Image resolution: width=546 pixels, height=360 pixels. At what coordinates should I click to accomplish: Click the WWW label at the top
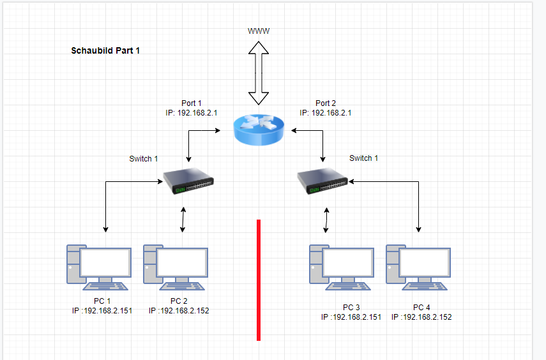[259, 31]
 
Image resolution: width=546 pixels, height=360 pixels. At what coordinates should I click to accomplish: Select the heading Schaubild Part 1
[105, 50]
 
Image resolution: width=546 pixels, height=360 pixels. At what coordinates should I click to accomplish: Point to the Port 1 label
[192, 103]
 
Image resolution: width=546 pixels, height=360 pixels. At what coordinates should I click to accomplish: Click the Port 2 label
[326, 103]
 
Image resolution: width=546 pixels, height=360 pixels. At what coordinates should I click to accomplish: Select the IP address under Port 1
[192, 112]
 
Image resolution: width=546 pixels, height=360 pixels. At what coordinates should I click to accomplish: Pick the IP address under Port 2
[326, 112]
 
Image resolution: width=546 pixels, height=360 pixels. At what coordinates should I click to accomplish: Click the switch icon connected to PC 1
[190, 181]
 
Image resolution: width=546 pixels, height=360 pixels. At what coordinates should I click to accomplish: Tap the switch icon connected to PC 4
[324, 181]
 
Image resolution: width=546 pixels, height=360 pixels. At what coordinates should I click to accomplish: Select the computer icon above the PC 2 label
[176, 265]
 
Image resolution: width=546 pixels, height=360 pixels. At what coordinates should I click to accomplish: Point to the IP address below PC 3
[351, 317]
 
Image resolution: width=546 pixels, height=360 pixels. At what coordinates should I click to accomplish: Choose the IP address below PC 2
[179, 311]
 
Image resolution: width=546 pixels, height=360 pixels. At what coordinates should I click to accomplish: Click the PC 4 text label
[421, 307]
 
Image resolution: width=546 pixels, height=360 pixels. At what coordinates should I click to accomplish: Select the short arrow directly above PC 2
[183, 219]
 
